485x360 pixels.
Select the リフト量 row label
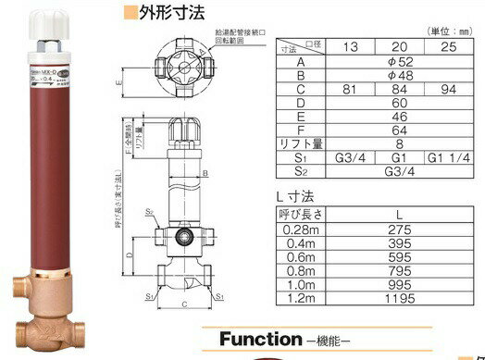click(x=302, y=143)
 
